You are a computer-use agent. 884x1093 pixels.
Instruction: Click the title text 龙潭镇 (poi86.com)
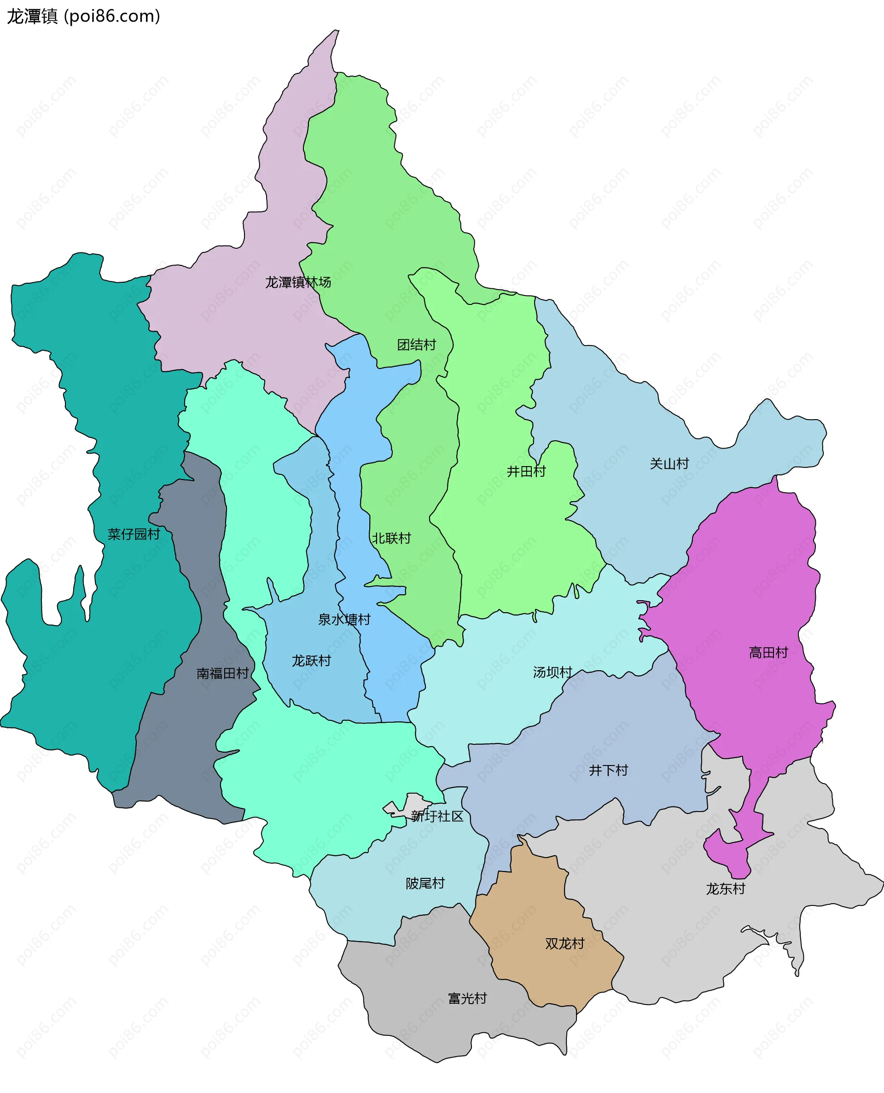(83, 16)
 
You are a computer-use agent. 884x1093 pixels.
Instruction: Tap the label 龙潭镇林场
(298, 282)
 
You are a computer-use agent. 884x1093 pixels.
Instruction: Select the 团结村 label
(417, 345)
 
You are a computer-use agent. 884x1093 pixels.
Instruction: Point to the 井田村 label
(526, 471)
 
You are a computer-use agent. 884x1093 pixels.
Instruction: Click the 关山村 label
(669, 463)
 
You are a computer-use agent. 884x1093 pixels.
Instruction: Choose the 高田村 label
(768, 653)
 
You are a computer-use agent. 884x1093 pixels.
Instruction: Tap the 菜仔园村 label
(134, 534)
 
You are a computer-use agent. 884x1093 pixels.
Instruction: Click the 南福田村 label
(222, 673)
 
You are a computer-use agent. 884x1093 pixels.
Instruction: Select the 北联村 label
(391, 538)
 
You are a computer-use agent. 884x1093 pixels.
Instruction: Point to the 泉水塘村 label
(344, 620)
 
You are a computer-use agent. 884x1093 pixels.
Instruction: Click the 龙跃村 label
(311, 660)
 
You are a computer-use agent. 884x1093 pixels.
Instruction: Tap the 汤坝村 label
(552, 672)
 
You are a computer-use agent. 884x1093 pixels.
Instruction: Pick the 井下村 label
(609, 770)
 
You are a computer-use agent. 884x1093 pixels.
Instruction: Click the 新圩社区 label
(437, 817)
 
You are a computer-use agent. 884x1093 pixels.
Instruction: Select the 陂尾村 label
(425, 883)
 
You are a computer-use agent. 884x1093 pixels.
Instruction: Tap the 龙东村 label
(726, 889)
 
